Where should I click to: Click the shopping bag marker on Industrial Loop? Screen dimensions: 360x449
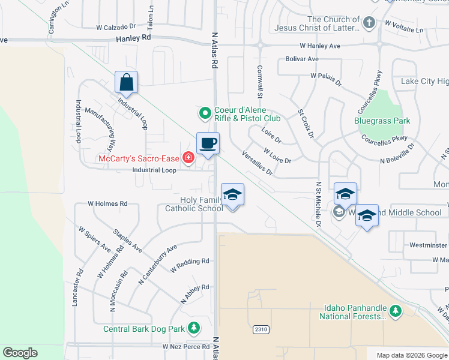pos(127,82)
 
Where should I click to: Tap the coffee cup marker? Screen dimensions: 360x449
pos(208,143)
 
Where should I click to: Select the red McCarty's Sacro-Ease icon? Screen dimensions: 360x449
pos(188,158)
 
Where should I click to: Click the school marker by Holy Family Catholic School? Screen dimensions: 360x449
pos(233,194)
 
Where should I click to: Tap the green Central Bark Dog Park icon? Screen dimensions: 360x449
pos(193,328)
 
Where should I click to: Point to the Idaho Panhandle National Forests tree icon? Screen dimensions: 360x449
pos(395,311)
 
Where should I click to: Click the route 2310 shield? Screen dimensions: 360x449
pos(261,329)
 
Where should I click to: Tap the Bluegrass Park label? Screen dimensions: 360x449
pos(382,121)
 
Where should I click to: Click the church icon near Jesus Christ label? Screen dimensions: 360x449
pos(369,23)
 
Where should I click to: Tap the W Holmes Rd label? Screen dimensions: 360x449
pos(107,203)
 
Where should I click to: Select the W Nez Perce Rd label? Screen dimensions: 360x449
pos(185,347)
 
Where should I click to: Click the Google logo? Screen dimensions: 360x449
pos(20,353)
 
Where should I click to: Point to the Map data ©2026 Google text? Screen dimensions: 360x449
pos(411,355)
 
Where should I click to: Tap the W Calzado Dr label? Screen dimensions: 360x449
pos(116,27)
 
